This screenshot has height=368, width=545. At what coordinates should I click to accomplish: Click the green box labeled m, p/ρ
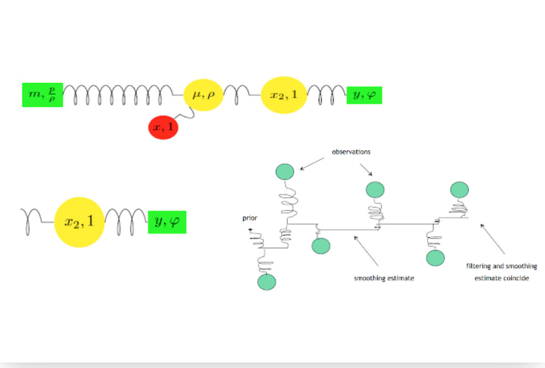pyautogui.click(x=43, y=95)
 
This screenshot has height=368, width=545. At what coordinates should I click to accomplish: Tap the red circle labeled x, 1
pyautogui.click(x=163, y=127)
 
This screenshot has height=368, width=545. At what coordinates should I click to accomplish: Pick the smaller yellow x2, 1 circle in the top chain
pyautogui.click(x=283, y=95)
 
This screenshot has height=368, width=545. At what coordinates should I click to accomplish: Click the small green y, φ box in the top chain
pyautogui.click(x=364, y=95)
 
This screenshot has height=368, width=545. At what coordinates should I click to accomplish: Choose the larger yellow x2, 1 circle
pyautogui.click(x=80, y=222)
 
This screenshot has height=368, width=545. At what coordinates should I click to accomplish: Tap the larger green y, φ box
pyautogui.click(x=167, y=222)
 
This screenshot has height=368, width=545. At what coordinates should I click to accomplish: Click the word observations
pyautogui.click(x=351, y=152)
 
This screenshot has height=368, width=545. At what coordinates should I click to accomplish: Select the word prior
pyautogui.click(x=250, y=218)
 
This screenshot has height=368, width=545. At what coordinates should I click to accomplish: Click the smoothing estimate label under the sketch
pyautogui.click(x=384, y=278)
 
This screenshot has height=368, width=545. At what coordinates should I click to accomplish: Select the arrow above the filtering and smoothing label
pyautogui.click(x=492, y=238)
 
